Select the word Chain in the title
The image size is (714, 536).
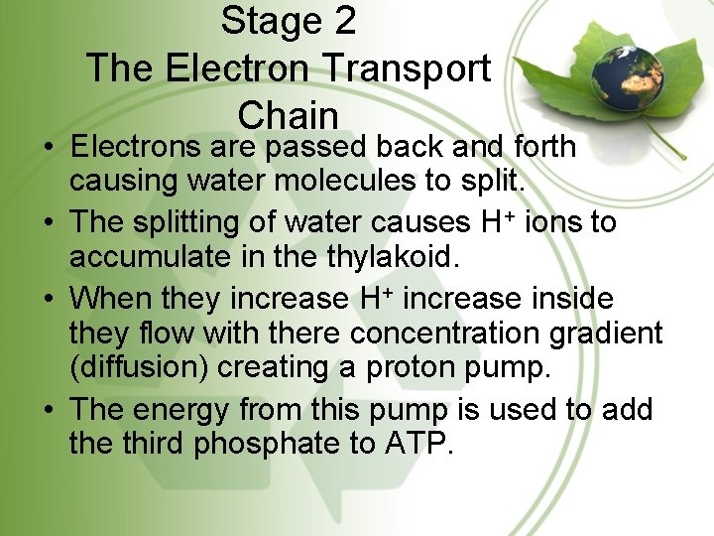point(288,115)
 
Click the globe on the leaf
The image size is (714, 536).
point(615,71)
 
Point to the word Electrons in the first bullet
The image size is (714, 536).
point(136,147)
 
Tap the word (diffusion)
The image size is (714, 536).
point(139,367)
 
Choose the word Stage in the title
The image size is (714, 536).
point(263,20)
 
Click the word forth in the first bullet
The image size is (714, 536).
point(542,147)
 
